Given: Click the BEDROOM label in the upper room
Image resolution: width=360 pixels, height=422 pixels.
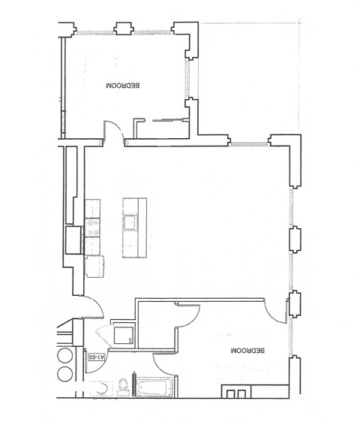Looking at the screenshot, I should pos(124,86).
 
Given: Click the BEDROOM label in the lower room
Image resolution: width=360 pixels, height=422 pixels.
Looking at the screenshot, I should pos(248,351).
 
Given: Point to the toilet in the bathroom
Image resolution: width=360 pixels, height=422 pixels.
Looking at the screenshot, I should pos(123,387).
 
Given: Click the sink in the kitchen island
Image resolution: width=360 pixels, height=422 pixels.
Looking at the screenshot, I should pos(131,222).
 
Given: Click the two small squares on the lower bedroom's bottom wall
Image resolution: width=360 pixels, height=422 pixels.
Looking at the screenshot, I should pos(236,393).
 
